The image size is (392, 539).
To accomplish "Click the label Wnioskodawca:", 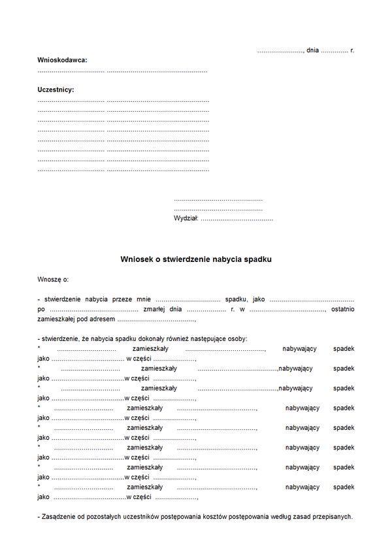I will pos(62,60).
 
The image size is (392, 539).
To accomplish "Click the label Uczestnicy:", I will pos(56,90).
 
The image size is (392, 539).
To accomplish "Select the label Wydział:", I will pos(186,219).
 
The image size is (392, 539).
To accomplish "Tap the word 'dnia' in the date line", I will pos(312,50).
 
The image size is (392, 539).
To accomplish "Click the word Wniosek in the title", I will pos(136,259).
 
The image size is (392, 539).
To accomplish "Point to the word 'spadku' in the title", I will pos(257,259).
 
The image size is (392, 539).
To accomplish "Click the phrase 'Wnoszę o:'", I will pos(53,280).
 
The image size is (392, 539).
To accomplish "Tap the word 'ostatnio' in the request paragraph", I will pos(342,309).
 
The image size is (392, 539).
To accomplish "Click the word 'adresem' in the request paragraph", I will pos(103,319).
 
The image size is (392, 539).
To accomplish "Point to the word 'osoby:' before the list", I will pos(237,338).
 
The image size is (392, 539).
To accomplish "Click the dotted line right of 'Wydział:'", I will pos(237,220).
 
